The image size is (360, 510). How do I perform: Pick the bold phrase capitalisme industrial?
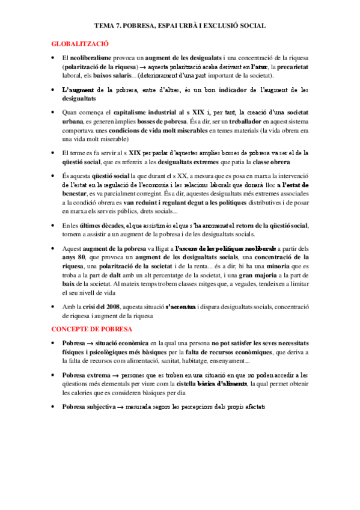click(139, 112)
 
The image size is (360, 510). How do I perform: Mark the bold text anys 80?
click(73, 257)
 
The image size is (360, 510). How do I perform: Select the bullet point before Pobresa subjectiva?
click(53, 407)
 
